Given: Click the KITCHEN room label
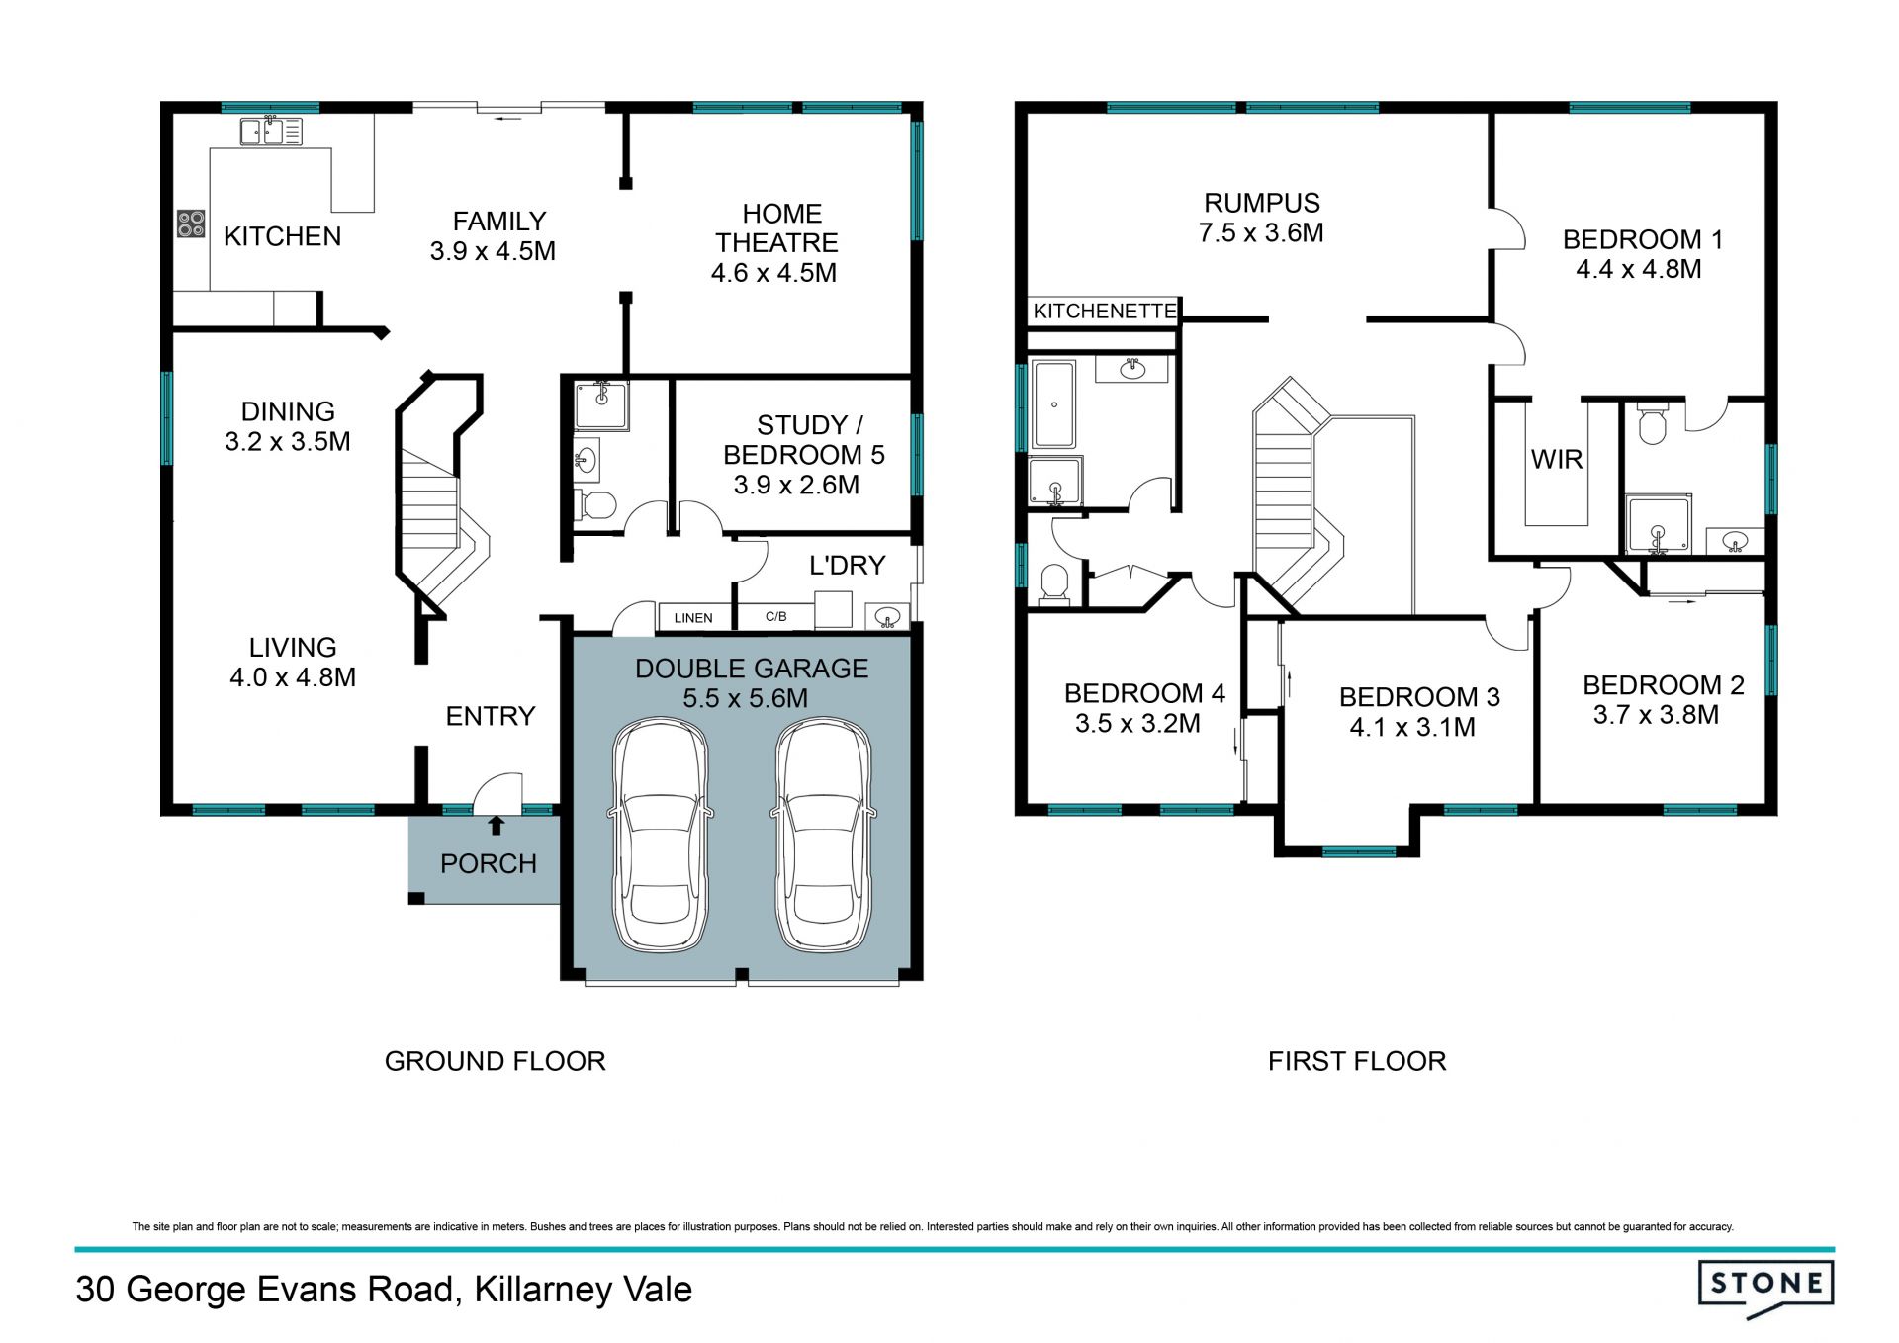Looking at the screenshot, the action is pos(282,236).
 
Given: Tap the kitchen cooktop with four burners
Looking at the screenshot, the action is pos(191,224).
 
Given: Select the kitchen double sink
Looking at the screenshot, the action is pos(271,132).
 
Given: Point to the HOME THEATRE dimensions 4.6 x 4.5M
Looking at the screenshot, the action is pos(773,273).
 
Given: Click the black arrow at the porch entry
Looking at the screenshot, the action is pos(497,825).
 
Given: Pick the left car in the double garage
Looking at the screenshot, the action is pos(661,836).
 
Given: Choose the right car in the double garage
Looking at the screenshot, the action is pos(823,836).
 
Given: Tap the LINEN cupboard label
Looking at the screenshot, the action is pos(693,618).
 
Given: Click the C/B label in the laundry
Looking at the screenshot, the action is pos(776,617).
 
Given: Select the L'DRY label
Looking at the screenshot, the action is pos(847,566).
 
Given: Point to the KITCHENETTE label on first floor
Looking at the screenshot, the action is pos(1105,312).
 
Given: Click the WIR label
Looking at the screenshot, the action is pos(1557,460).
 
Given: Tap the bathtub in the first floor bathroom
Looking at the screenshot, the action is pos(1053,404).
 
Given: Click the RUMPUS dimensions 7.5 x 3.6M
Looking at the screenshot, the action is pos(1261,233).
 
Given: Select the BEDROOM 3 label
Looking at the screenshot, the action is pos(1419,697).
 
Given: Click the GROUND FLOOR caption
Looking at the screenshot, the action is pos(495,1061).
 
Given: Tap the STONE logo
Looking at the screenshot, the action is pos(1765,1288).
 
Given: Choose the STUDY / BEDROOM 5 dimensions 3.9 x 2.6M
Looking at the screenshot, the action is pos(796,485).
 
